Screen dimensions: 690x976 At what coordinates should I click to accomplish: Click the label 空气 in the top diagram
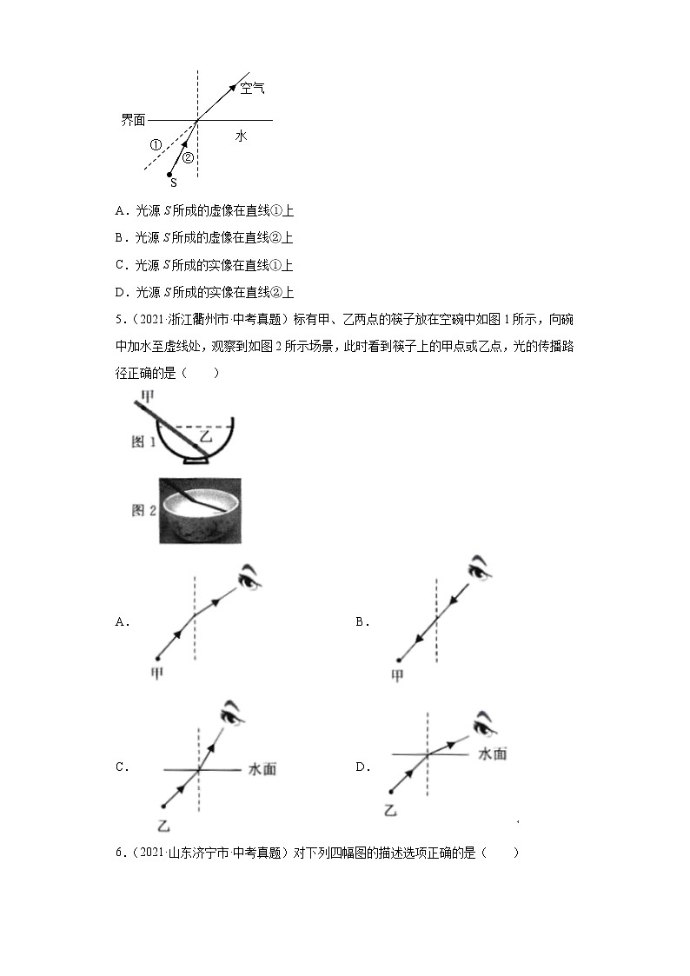pos(252,88)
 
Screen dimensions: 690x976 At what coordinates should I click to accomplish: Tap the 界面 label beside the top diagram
pos(133,120)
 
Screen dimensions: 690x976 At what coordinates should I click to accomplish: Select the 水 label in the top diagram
pos(241,136)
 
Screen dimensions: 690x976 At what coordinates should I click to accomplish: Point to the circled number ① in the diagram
pos(156,145)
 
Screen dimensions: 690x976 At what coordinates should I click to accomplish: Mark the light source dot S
pos(169,175)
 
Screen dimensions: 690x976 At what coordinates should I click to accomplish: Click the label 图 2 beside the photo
pos(143,510)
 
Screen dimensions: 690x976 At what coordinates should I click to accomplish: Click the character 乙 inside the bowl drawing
pos(205,439)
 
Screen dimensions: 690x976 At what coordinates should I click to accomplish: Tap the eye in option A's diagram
pos(250,575)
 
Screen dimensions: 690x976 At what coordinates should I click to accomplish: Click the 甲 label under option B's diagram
pos(397,675)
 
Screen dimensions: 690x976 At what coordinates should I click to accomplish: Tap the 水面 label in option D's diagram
pos(493,754)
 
